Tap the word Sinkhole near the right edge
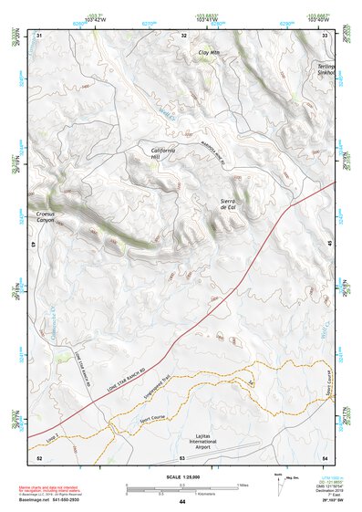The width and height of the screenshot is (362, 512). [326, 74]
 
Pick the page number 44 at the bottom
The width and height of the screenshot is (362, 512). [181, 503]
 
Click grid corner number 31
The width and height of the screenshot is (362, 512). [38, 35]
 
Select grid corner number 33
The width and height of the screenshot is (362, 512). [326, 35]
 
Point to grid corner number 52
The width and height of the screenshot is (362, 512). [38, 457]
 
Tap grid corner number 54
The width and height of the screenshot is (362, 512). [326, 457]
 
